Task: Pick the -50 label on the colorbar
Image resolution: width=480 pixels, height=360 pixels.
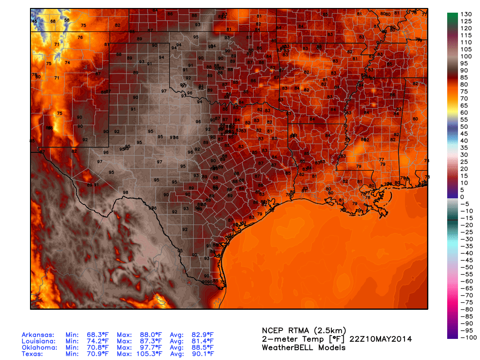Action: pos(465,267)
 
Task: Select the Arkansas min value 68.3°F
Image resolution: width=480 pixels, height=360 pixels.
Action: pos(94,335)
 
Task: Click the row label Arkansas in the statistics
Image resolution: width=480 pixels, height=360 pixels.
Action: pos(38,335)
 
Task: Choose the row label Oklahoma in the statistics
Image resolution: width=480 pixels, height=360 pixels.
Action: pos(38,347)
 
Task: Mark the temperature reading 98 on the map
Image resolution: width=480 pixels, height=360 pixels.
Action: pos(125,193)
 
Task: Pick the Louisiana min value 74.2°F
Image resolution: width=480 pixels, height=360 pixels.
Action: pos(94,341)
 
